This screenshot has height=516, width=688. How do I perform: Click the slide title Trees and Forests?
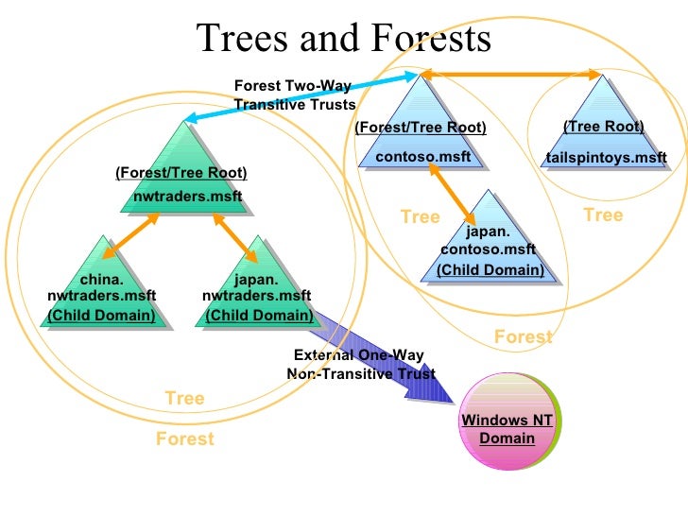[x=344, y=39]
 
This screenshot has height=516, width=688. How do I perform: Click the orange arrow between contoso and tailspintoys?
[x=510, y=73]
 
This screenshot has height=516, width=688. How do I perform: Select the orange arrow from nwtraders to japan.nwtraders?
[x=234, y=236]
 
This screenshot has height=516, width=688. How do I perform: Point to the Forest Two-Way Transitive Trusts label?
[x=293, y=95]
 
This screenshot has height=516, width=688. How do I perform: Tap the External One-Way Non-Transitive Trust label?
[x=360, y=365]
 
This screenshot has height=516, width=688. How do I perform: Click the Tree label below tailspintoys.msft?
[x=603, y=215]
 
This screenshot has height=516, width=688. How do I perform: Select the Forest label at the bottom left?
[x=185, y=439]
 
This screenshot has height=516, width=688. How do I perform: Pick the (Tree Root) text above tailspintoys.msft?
[x=603, y=127]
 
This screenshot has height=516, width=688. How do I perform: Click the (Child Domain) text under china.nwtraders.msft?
[x=101, y=315]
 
